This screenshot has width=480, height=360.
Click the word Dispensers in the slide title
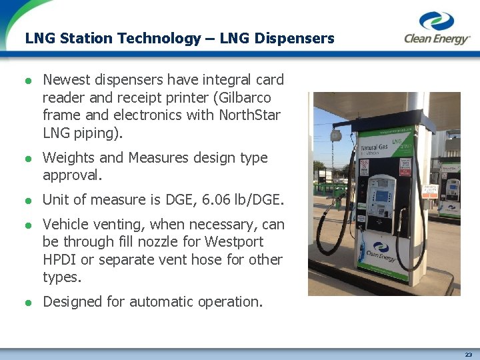[x=298, y=39]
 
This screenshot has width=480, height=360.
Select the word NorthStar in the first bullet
[x=250, y=115]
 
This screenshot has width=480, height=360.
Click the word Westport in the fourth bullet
[x=233, y=241]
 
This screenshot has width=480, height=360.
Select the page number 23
[x=469, y=355]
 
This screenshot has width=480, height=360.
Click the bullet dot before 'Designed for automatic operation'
[x=29, y=303]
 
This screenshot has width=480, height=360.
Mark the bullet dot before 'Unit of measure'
[x=29, y=201]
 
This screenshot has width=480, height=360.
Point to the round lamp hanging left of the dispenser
[x=335, y=135]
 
